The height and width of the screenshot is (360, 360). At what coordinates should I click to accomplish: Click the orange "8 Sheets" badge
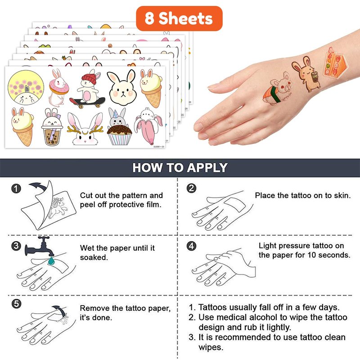tap(179, 18)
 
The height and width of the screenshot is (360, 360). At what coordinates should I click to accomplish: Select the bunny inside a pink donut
tap(58, 88)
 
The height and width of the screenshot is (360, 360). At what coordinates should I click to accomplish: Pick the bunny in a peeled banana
tap(148, 126)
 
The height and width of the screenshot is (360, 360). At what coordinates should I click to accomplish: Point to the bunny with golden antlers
tap(85, 129)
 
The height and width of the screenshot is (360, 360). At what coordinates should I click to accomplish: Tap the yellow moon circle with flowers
tap(26, 87)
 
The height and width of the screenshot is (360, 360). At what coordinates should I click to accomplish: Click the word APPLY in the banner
tap(207, 167)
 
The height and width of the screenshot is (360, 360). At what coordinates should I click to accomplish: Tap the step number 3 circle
tap(16, 246)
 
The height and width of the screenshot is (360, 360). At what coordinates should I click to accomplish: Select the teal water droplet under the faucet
tap(51, 261)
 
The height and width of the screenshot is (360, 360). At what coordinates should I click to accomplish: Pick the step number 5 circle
tap(16, 304)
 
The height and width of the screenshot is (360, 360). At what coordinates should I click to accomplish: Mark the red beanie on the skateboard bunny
tap(89, 79)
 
